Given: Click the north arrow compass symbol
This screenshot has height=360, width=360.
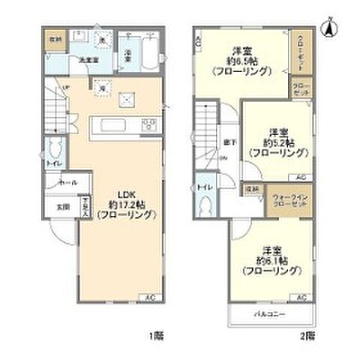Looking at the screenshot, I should pyautogui.click(x=328, y=28).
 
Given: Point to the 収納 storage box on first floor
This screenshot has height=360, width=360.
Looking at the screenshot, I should pyautogui.click(x=55, y=39).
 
